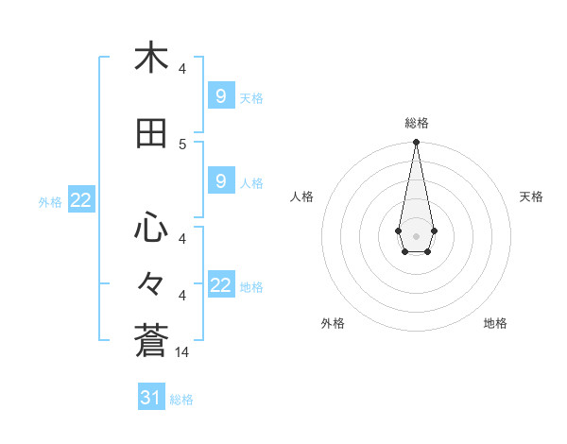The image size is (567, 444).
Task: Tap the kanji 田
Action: (151, 133)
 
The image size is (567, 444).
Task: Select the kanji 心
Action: (151, 228)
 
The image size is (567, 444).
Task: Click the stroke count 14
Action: (183, 351)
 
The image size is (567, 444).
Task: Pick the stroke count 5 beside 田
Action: (183, 144)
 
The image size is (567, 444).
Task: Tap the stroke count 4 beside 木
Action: (183, 68)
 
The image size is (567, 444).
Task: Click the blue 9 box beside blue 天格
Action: (220, 95)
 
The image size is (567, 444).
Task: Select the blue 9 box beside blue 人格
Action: (220, 180)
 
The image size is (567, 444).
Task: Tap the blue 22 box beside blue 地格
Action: (220, 285)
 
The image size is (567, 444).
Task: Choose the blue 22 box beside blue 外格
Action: (80, 199)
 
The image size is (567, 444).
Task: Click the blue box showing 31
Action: (151, 398)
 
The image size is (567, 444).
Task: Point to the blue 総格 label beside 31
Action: (181, 400)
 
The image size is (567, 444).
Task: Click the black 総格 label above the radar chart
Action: (417, 123)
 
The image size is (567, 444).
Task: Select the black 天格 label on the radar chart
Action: (531, 196)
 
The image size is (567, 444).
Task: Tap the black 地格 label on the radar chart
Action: (495, 323)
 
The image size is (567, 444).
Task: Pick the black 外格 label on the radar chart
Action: (333, 323)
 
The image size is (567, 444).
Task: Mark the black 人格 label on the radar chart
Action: (301, 196)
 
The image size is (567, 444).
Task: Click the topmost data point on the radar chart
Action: (416, 143)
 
